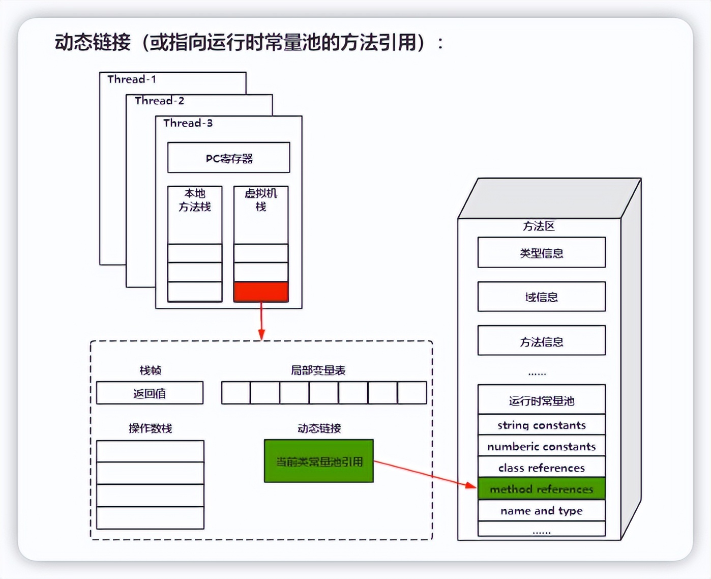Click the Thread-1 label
pos(132,79)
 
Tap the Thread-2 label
pos(159,101)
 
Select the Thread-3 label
pos(188,123)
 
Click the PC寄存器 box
pos(229,158)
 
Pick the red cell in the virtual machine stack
pos(261,292)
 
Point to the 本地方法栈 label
pos(195,200)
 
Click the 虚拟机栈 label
pos(261,200)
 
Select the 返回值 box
pos(150,393)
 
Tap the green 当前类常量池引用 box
pos(319,461)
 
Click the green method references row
pos(542,489)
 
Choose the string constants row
pos(542,425)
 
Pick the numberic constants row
pos(542,446)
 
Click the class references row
pos(542,468)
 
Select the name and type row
pos(542,510)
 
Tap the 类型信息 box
pos(542,253)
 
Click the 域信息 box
pos(542,297)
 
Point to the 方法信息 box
pos(542,341)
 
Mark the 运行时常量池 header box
pos(542,400)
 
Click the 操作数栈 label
pos(150,428)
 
